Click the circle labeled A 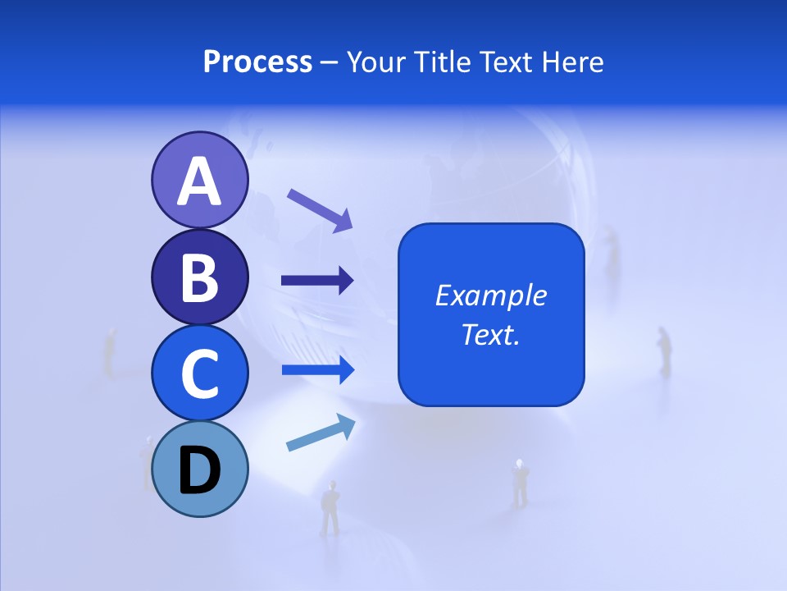point(199,180)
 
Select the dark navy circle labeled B point(199,277)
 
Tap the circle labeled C point(199,373)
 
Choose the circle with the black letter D point(199,469)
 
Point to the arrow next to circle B point(317,281)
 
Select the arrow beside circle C point(317,370)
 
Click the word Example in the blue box point(491,295)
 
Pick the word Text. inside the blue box point(491,334)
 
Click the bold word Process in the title point(257,62)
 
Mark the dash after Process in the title point(330,63)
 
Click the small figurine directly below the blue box point(520,482)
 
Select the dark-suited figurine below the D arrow point(330,507)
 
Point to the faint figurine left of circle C point(109,351)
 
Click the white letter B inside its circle point(199,277)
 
